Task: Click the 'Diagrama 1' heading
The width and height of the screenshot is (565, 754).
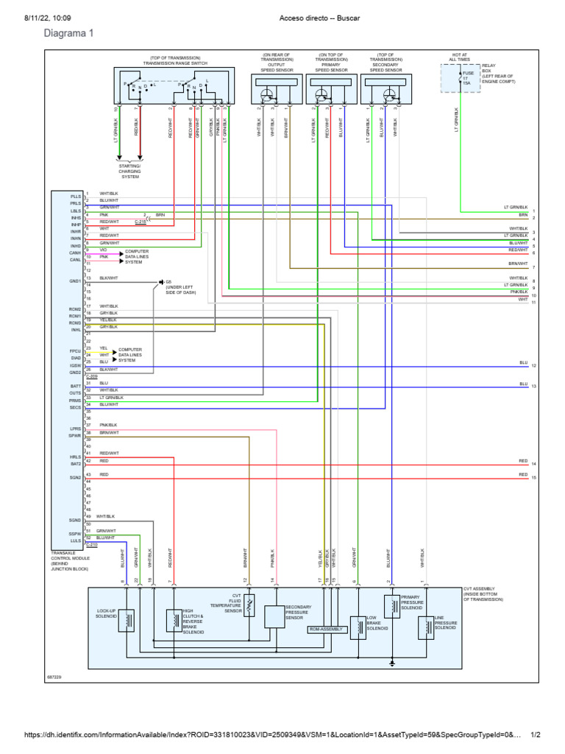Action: pos(69,33)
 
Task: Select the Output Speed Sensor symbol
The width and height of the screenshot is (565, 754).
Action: pos(268,93)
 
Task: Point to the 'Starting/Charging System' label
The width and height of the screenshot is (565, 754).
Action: pos(129,171)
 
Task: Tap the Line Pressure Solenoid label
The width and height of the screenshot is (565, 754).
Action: pos(446,624)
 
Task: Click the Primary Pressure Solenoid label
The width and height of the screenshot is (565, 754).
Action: pos(412,602)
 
